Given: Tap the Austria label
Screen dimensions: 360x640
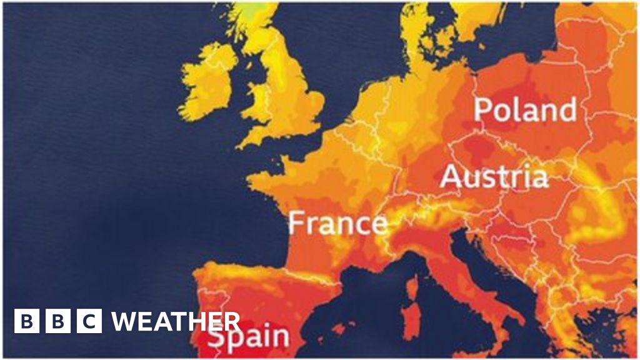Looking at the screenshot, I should [x=494, y=177].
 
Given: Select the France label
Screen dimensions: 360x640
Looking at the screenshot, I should [x=337, y=223].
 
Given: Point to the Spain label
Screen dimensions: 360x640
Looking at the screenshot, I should [x=249, y=337].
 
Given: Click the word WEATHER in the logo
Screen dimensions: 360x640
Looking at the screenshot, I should [x=176, y=322].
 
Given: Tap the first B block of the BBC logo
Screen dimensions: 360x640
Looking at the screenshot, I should [x=26, y=322].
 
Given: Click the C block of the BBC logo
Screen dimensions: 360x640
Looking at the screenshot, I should [x=90, y=322].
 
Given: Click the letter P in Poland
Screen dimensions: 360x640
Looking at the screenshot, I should [x=484, y=110].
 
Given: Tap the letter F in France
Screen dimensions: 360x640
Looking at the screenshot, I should [x=297, y=223].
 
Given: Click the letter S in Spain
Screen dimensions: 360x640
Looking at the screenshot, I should [x=216, y=337].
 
